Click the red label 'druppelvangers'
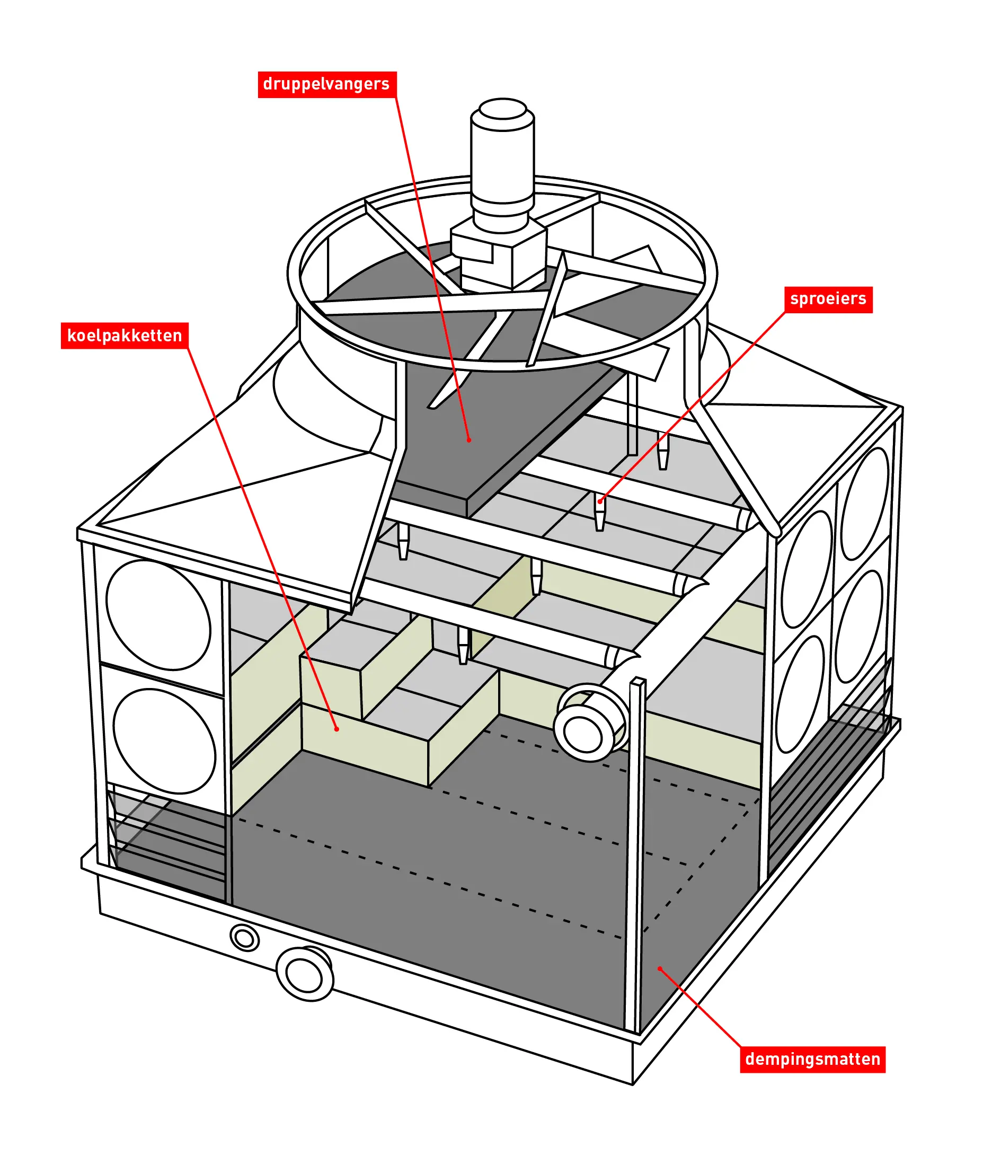327,84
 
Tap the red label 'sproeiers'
828,299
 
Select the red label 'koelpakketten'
125,336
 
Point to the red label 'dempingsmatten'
812,1060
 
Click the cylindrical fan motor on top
502,163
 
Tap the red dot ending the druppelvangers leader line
469,440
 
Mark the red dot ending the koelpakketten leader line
337,729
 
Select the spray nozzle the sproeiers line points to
600,512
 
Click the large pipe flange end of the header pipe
585,735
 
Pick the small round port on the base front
245,938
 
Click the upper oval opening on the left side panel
158,615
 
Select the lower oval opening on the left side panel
164,742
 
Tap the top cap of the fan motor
502,109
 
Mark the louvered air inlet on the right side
827,788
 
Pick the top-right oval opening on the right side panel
865,504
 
